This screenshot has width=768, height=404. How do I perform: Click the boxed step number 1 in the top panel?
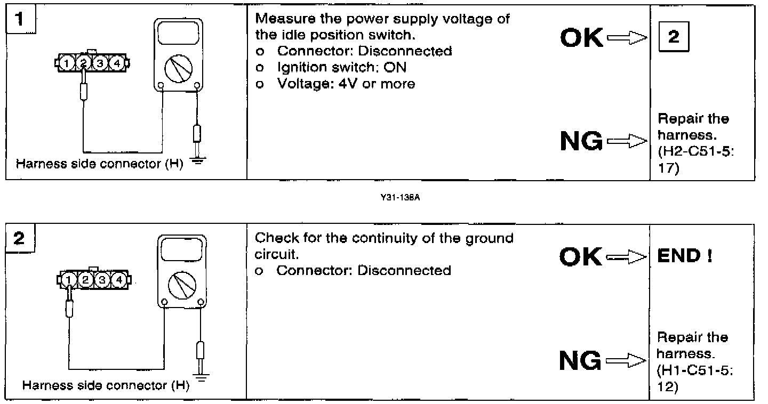click(19, 20)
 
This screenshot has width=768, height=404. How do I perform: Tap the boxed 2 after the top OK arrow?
click(674, 37)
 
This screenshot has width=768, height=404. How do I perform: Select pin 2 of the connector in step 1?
click(84, 63)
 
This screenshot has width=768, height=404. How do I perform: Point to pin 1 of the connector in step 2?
click(69, 279)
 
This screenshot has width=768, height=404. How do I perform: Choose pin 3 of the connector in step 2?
click(103, 279)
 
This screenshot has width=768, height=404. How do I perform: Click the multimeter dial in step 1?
click(179, 67)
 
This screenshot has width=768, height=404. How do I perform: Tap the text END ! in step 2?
click(685, 256)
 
